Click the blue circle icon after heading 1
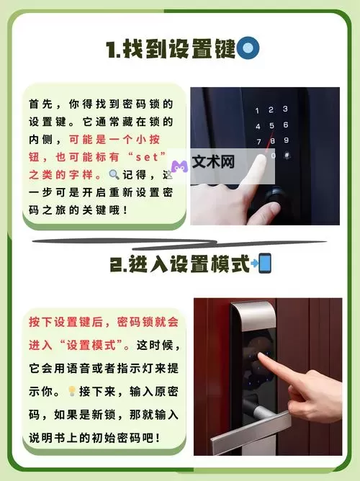[x=248, y=48]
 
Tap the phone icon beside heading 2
[x=265, y=263]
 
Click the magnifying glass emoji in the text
[x=114, y=174]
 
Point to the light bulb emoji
[x=72, y=391]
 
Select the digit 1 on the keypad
[x=257, y=110]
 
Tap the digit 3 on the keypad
[x=285, y=109]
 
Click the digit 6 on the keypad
[x=286, y=125]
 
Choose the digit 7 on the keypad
[x=258, y=142]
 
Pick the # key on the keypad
[x=287, y=155]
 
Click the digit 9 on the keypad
[x=286, y=140]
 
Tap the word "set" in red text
[x=147, y=158]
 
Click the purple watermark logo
[x=179, y=166]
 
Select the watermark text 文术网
[x=213, y=162]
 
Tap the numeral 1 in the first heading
[x=110, y=50]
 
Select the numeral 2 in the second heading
[x=116, y=264]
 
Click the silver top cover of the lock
[x=253, y=316]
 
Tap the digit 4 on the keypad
[x=258, y=127]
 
